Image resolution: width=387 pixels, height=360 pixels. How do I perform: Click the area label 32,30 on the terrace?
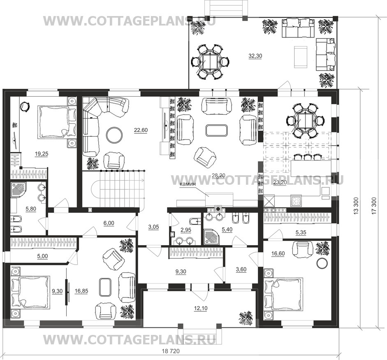[x=255, y=56]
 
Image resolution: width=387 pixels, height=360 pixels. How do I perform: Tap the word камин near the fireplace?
[x=188, y=184]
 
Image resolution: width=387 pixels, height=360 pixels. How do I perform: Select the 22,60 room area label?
[x=141, y=130]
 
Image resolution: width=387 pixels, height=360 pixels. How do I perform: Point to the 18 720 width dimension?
[x=171, y=351]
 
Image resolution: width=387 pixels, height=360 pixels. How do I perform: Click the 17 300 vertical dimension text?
[x=374, y=206]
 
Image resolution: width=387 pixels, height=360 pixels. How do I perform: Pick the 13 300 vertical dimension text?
[x=355, y=206]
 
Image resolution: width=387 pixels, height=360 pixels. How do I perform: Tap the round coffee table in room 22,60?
[x=114, y=135]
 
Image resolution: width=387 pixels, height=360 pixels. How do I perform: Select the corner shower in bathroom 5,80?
[x=18, y=191]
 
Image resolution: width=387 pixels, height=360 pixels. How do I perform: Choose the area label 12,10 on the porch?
[x=201, y=308]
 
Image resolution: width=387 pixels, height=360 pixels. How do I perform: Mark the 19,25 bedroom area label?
[x=42, y=154]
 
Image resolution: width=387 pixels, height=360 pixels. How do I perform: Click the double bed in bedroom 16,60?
[x=284, y=293]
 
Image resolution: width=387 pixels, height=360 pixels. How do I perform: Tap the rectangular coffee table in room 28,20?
[x=216, y=130]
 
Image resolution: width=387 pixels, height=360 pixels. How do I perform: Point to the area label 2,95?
[x=186, y=230]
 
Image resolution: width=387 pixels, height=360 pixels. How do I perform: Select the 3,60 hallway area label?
[x=241, y=269]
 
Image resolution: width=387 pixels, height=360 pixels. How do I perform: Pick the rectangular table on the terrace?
[x=300, y=56]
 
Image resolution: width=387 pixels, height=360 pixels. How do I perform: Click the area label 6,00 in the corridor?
[x=109, y=223]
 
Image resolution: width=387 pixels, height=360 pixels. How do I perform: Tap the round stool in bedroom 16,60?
[x=322, y=263]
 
